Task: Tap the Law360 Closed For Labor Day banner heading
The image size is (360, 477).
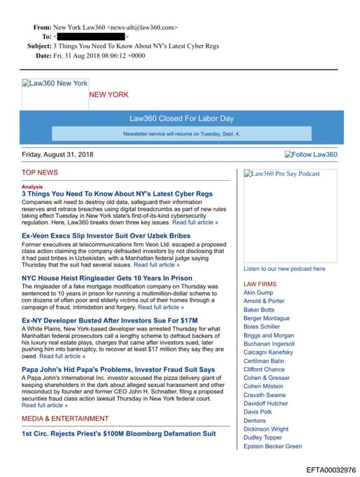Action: point(181,119)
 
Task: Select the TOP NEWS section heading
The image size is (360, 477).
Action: point(40,172)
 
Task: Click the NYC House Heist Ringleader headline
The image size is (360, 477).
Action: point(107,278)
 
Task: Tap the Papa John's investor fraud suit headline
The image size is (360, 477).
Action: point(118,369)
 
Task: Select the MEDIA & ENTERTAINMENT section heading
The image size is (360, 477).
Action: point(65,419)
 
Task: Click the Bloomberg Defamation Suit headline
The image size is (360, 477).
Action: point(119,434)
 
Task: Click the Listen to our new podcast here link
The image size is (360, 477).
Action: point(284,269)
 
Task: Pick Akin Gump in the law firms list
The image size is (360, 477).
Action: point(258,292)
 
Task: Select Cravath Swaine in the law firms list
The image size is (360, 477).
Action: point(264,395)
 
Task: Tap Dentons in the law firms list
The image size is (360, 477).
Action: point(255,420)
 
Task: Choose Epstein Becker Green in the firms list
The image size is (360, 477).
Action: point(273,446)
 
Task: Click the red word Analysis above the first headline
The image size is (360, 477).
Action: point(32,187)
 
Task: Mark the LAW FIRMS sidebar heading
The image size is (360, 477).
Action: point(260,284)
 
